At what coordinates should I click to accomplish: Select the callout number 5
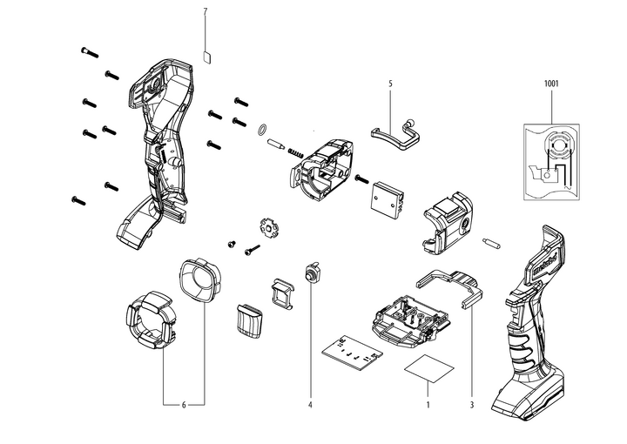(x=391, y=84)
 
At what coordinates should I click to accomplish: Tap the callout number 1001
(x=552, y=84)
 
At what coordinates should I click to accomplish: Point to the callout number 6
(x=184, y=406)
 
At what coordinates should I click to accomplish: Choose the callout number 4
(x=310, y=406)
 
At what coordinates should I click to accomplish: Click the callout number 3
(x=471, y=406)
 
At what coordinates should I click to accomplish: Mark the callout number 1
(x=428, y=406)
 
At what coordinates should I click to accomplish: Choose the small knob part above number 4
(x=310, y=272)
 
